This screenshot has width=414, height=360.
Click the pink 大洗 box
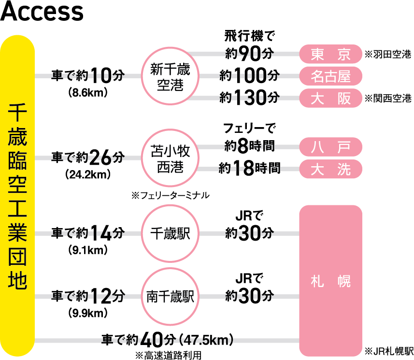click(330, 169)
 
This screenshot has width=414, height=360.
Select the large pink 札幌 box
click(330, 280)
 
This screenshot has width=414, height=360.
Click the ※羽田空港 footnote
click(388, 55)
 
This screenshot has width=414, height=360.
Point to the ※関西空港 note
click(388, 99)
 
